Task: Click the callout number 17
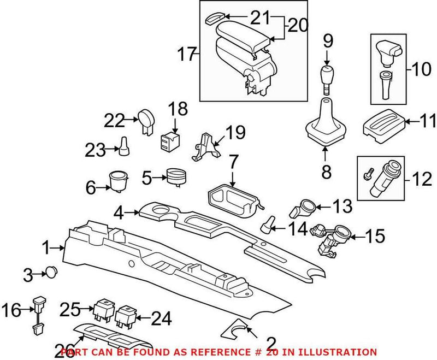coord(187,54)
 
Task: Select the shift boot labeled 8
coord(326,125)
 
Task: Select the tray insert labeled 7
coord(234,198)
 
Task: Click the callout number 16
coord(11,311)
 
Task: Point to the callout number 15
coord(375,236)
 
